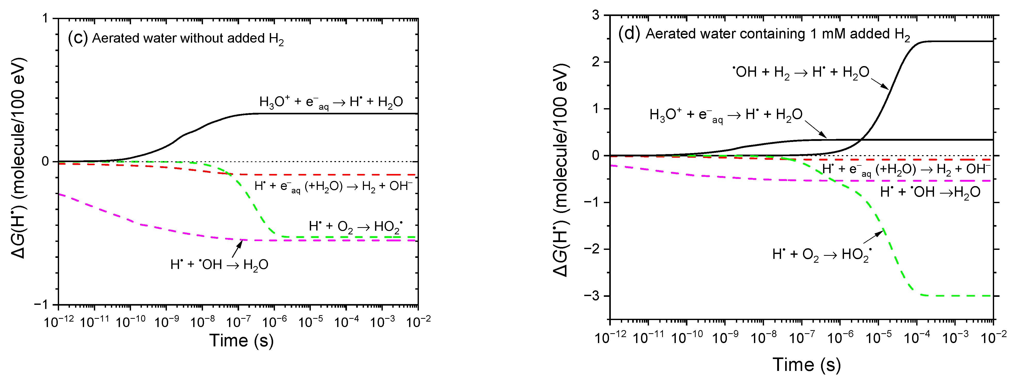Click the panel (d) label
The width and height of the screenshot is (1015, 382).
click(629, 34)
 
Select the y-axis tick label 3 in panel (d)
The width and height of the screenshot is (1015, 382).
click(596, 15)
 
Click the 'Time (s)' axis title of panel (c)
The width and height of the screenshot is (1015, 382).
click(241, 340)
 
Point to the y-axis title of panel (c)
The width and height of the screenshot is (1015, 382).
click(18, 158)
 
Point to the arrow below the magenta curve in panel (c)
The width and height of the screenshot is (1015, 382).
click(237, 249)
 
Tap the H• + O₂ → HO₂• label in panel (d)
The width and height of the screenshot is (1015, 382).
click(822, 254)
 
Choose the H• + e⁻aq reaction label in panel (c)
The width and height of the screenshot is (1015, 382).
click(333, 186)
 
